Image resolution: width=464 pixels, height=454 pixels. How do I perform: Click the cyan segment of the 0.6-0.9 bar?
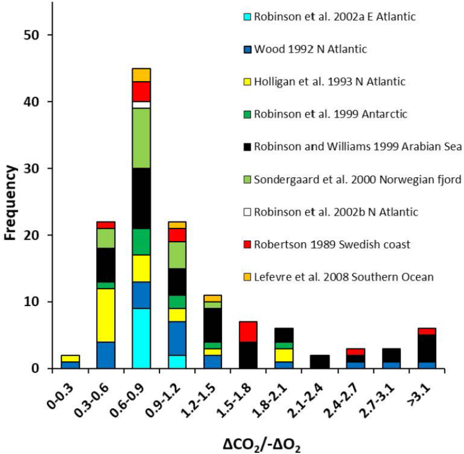click(141, 338)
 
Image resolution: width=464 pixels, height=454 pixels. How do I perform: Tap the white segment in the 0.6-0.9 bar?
click(141, 105)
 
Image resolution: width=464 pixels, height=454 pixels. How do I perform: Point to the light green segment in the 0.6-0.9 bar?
click(141, 138)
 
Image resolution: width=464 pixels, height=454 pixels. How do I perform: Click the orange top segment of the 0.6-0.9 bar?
click(141, 75)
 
